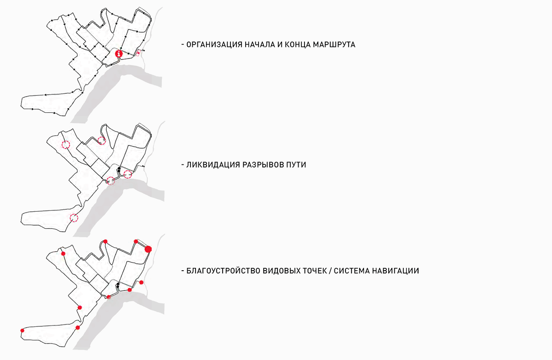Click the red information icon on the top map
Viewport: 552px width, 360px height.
[119, 53]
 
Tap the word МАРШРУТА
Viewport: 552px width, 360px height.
[334, 45]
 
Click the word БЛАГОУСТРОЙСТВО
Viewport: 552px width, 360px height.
[223, 271]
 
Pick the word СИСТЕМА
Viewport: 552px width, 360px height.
[351, 271]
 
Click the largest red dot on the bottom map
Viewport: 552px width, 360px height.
[148, 249]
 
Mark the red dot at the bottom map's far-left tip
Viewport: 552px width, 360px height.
[22, 331]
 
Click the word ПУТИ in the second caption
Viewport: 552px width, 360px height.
[296, 164]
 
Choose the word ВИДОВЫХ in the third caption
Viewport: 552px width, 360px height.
[281, 271]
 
